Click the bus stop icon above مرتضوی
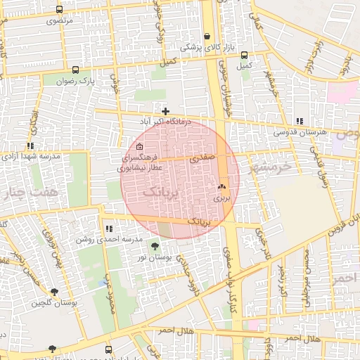point(59,10)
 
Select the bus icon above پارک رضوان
point(75,70)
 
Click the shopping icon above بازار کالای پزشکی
point(207,37)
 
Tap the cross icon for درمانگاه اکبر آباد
point(165,111)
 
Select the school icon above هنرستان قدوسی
point(300,121)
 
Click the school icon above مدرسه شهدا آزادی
point(30,146)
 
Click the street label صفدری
point(200,160)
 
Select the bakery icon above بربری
point(222,187)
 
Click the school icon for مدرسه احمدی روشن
point(108,229)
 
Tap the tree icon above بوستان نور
point(154,246)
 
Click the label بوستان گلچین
point(53,303)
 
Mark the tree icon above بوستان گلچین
point(53,291)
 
